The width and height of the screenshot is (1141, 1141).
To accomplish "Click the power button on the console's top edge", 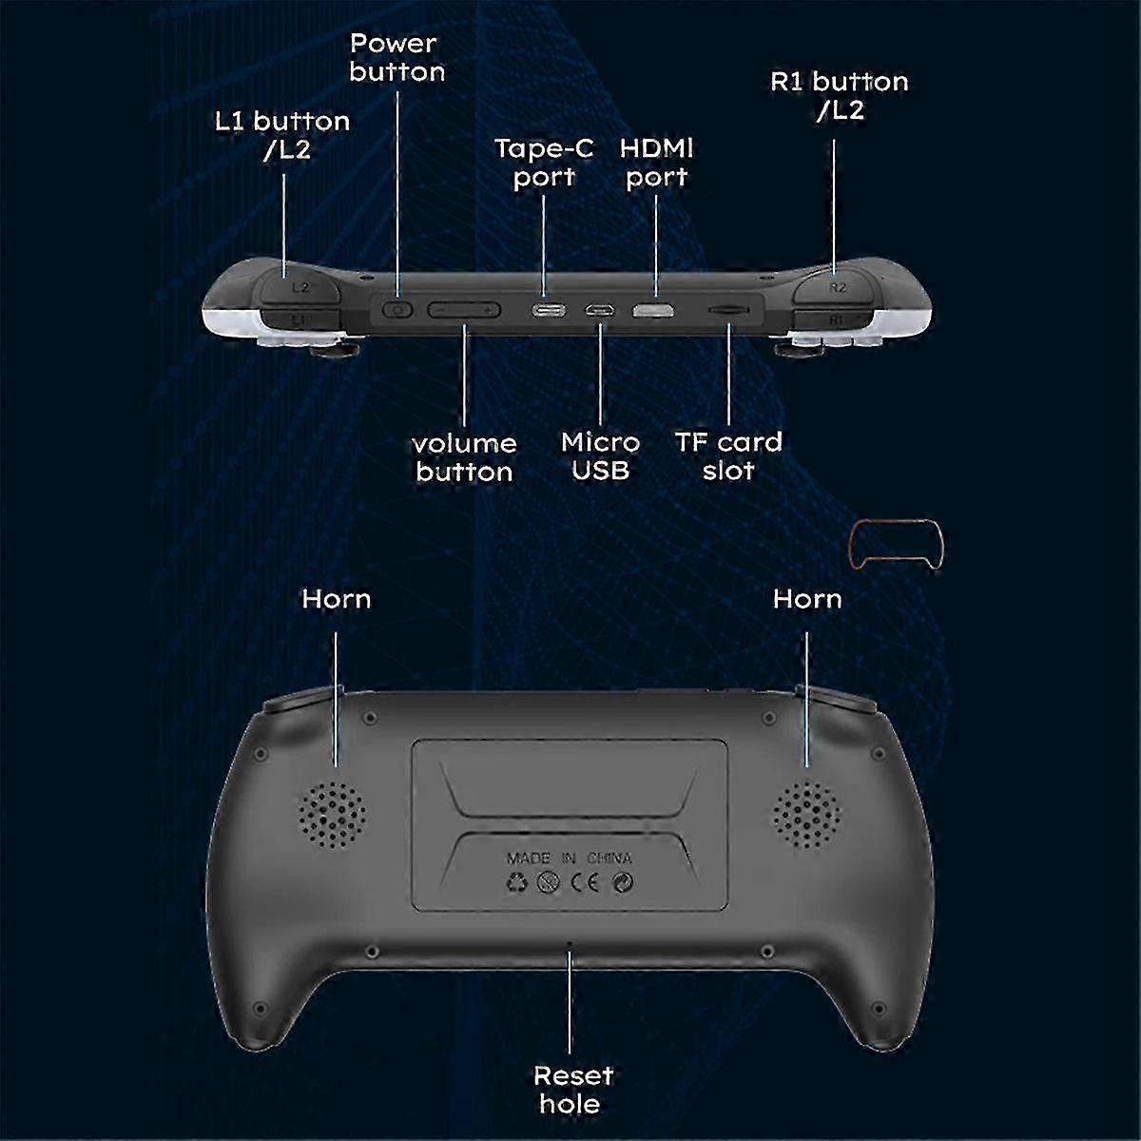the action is [x=397, y=310].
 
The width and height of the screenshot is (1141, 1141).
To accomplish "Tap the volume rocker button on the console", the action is [x=464, y=310].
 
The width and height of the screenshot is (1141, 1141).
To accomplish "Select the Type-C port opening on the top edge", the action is [x=549, y=310].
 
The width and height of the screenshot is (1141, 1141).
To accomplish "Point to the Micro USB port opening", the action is [x=600, y=310].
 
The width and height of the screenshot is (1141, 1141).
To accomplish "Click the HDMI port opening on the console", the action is [x=653, y=310].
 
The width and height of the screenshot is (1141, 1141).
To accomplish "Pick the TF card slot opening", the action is [x=728, y=310].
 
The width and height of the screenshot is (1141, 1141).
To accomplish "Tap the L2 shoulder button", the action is [x=300, y=286].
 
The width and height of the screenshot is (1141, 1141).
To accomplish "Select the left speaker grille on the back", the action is [x=332, y=815].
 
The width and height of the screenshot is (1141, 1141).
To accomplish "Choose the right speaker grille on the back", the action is [x=806, y=814].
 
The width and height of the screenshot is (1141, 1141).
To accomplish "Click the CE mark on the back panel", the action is [x=585, y=882].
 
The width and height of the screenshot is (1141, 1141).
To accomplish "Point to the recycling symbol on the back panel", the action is [x=516, y=882].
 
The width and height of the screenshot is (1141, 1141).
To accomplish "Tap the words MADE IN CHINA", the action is [x=569, y=858].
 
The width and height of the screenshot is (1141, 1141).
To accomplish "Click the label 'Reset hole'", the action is [x=572, y=1090].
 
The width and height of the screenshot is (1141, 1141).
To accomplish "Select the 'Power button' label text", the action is [x=396, y=57].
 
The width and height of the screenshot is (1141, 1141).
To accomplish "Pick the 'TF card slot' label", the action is [x=728, y=456].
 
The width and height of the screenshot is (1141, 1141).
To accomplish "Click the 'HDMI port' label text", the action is [x=656, y=163].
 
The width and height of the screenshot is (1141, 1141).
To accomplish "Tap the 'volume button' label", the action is [x=464, y=457].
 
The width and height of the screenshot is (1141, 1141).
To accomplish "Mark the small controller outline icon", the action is [x=897, y=545].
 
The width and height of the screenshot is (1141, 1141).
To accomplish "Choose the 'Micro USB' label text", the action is [x=600, y=456].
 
